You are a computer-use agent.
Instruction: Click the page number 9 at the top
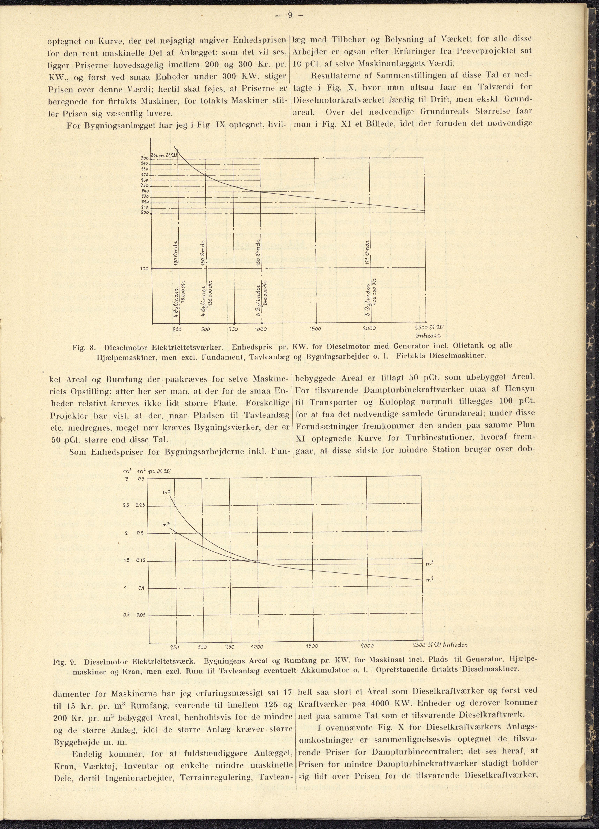click(290, 15)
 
